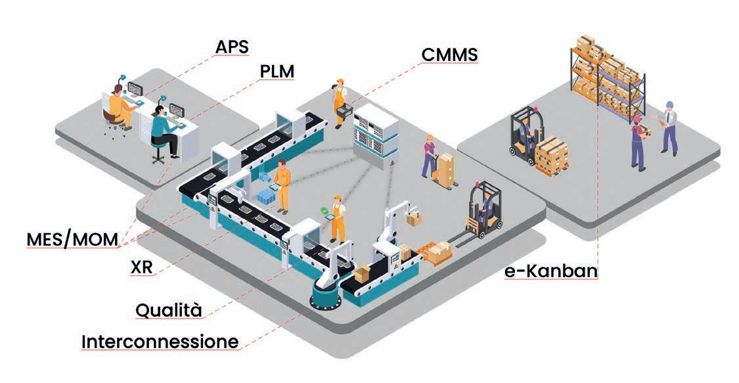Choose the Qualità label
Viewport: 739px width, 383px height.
(x=168, y=309)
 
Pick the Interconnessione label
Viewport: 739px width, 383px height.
(x=160, y=342)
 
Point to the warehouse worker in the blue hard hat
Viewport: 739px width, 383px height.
(x=668, y=127)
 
